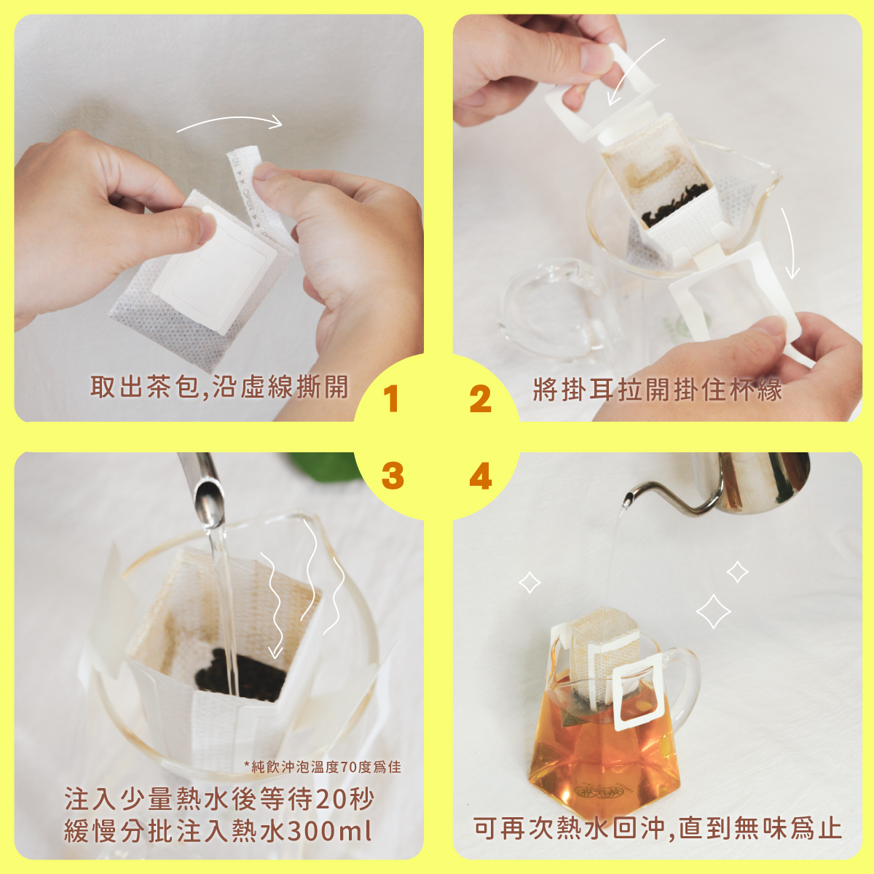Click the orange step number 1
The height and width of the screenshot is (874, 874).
click(390, 398)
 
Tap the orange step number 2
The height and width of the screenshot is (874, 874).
click(480, 398)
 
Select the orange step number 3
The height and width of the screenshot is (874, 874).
click(393, 476)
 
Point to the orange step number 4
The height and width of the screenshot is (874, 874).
click(480, 476)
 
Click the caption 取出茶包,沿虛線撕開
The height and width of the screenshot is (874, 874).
click(219, 387)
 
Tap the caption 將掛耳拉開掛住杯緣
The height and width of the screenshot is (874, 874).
click(658, 389)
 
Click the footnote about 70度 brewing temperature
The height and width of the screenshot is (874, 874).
click(323, 766)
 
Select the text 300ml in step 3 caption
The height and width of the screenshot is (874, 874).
click(329, 831)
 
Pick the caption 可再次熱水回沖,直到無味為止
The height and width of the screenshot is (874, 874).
click(658, 828)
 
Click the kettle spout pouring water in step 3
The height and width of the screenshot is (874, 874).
click(206, 495)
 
